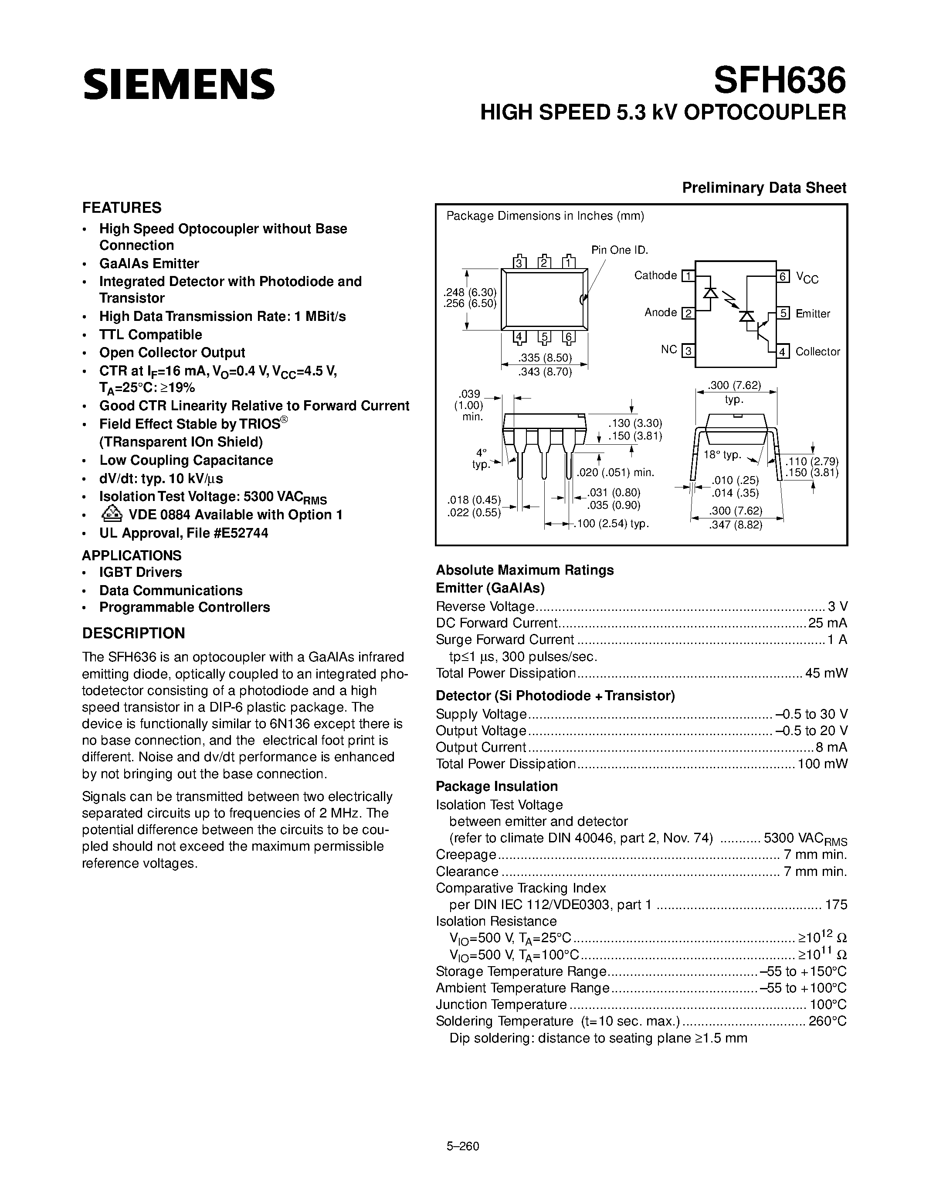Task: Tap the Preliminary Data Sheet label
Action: (x=763, y=188)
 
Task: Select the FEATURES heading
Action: (x=122, y=208)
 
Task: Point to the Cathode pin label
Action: (x=655, y=275)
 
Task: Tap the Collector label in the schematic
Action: (x=817, y=351)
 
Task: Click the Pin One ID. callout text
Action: (x=619, y=250)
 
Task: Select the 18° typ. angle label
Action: (x=722, y=455)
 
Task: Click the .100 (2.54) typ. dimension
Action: (x=611, y=524)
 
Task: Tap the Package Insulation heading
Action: (x=496, y=786)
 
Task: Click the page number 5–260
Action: (x=463, y=1131)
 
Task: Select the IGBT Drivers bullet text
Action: (x=140, y=572)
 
